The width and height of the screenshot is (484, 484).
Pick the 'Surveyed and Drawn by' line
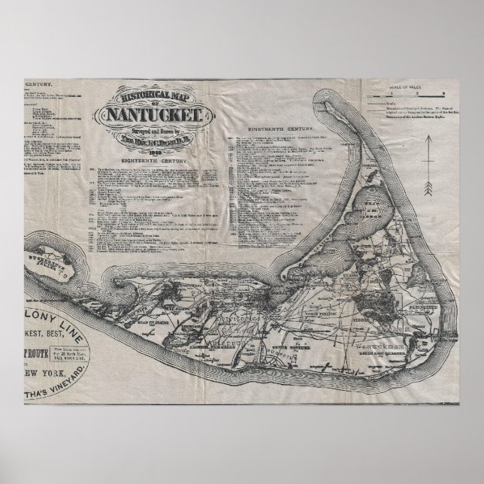(154, 132)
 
